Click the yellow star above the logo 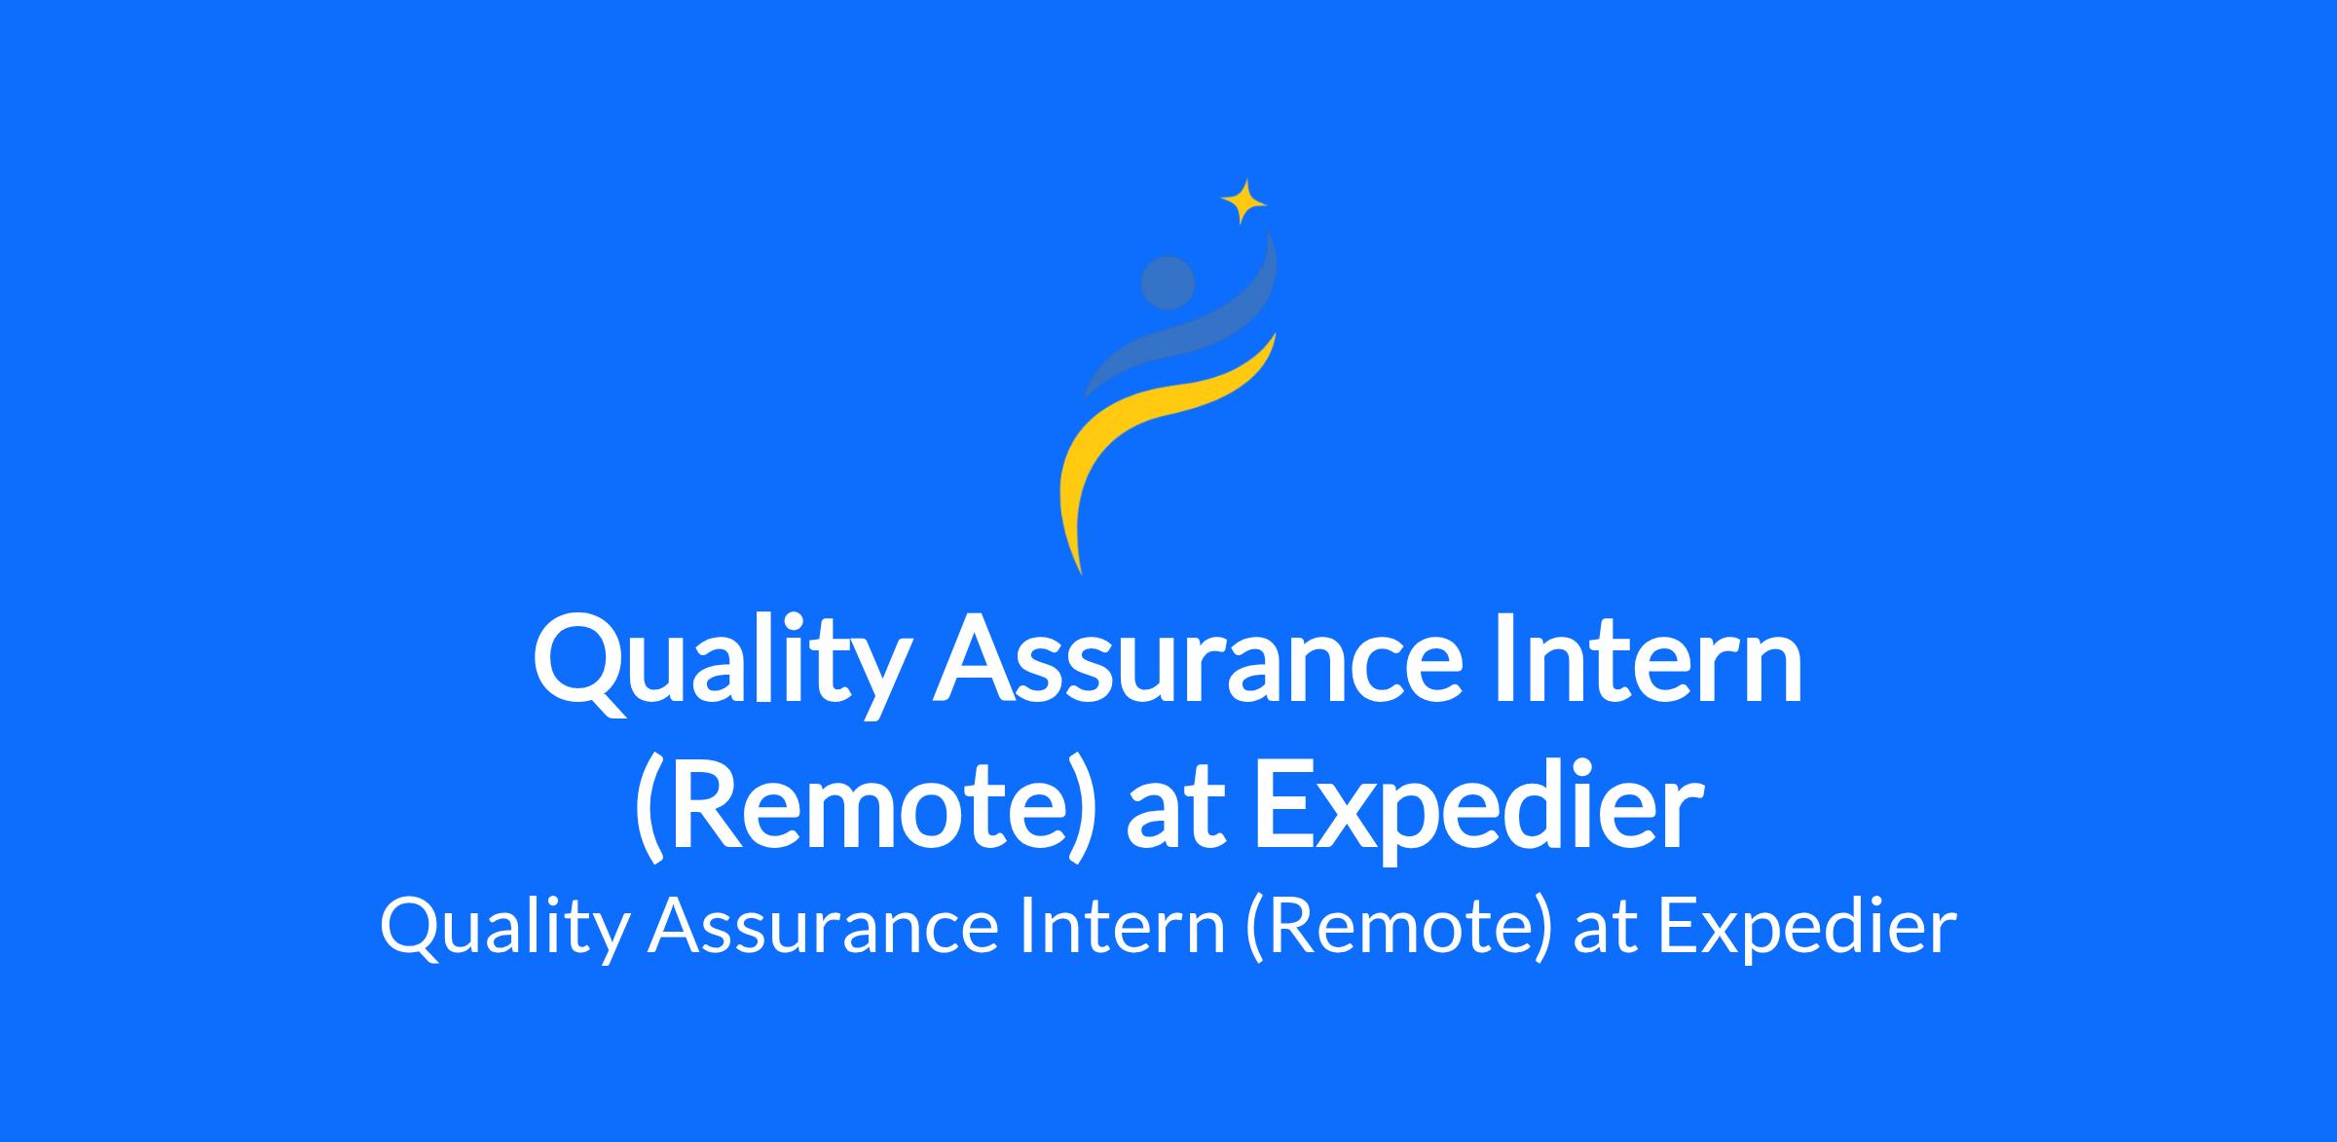pyautogui.click(x=1243, y=203)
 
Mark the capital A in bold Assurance pyautogui.click(x=975, y=660)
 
